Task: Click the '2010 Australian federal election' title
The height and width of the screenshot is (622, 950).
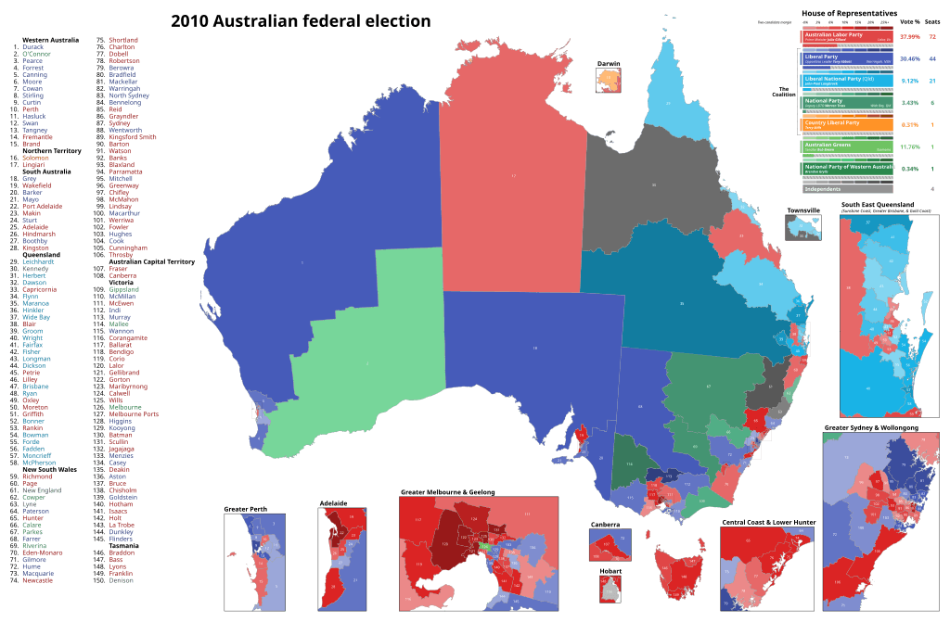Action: pos(288,20)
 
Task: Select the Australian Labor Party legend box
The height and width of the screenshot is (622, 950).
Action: pos(846,36)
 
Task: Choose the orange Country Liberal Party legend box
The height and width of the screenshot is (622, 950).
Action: pos(846,124)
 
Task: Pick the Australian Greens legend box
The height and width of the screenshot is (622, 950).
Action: pos(846,146)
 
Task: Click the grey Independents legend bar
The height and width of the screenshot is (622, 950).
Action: pos(846,189)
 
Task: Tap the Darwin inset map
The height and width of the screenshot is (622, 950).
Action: pos(608,80)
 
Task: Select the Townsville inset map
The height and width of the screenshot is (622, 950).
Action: pos(802,226)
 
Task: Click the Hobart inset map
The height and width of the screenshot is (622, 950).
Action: pos(608,585)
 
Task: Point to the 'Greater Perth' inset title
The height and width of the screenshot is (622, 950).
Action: pos(245,508)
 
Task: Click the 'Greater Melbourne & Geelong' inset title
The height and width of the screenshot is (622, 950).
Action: pos(447,491)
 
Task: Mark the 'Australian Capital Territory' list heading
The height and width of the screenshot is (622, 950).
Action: pos(143,261)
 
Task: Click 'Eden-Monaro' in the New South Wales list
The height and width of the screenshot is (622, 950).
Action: pos(45,553)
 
